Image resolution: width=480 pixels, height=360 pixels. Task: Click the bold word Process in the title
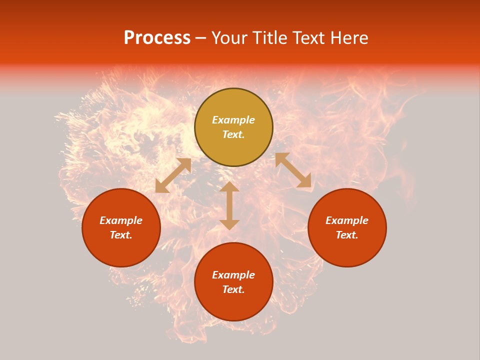[157, 38]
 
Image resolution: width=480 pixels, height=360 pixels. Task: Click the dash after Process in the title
[200, 39]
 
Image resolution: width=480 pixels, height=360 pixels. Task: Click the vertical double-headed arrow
[229, 205]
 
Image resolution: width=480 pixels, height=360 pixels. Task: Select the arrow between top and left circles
[173, 175]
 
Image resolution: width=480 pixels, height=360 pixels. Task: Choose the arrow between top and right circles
[293, 170]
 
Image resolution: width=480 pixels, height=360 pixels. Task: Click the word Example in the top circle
[233, 120]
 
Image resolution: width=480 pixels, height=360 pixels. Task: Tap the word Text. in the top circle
[233, 134]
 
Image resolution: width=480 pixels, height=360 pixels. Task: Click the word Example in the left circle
[121, 220]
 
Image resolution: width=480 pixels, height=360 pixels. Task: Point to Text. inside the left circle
[121, 235]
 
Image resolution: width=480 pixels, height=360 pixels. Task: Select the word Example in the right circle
[347, 220]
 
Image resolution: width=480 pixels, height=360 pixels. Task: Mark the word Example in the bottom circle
[233, 275]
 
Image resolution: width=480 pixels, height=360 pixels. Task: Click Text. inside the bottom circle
[233, 289]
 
